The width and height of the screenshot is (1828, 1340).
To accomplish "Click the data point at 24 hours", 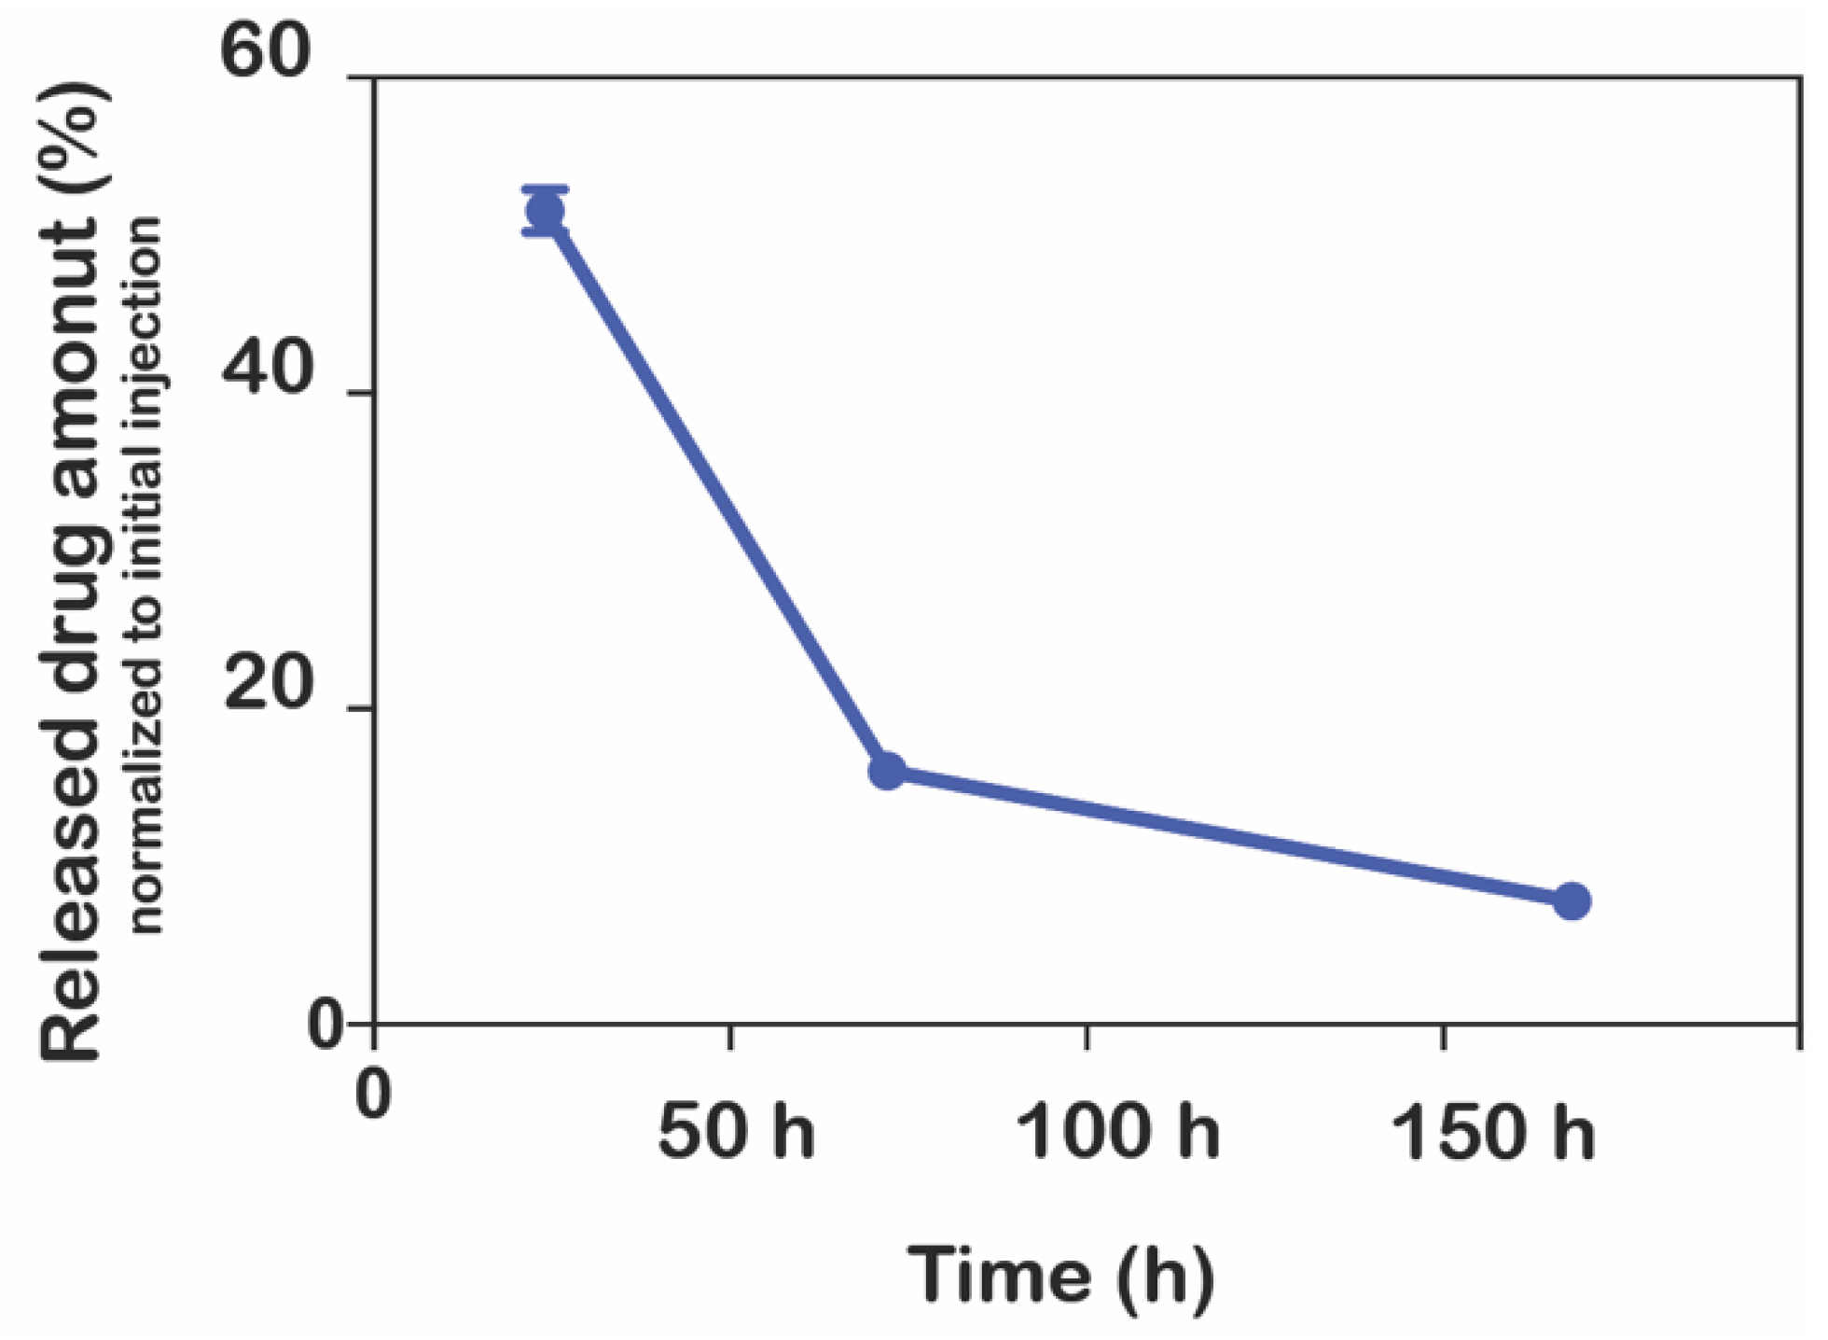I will pos(545,212).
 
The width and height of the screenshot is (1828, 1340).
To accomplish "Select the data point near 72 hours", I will pos(887,771).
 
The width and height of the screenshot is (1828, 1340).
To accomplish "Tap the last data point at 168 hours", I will pos(1572,901).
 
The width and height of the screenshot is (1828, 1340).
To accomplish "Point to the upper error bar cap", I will pos(545,189).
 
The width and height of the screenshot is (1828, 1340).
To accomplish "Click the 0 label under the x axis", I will pos(373,1094).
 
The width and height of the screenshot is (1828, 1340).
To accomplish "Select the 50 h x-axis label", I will pos(735,1132).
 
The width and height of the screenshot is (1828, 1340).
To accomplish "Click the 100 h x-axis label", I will pos(1116,1132).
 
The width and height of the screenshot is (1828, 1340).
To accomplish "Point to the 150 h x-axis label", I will pos(1492,1132).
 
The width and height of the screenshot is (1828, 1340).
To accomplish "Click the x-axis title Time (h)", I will pos(1061,1275).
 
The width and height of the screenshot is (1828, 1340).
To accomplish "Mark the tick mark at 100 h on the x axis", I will pos(1087,1037).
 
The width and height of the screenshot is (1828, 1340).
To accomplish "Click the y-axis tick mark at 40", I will pos(361,393).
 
